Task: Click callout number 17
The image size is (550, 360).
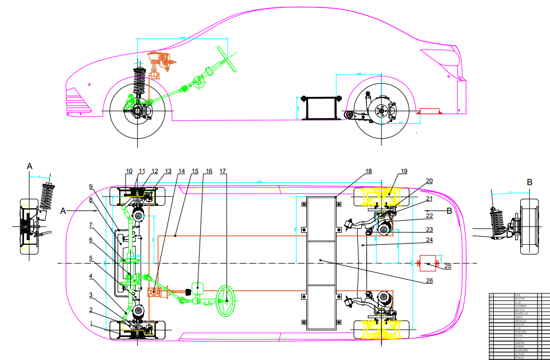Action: click(223, 170)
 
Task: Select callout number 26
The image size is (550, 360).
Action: click(430, 281)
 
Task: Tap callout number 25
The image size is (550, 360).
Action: click(448, 266)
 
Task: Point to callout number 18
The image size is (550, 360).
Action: click(368, 171)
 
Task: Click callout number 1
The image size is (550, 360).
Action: click(90, 323)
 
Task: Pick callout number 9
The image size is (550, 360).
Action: click(91, 186)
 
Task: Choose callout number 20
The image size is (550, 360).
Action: click(429, 181)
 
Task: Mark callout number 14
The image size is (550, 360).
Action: click(181, 171)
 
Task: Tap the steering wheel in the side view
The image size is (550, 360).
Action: click(226, 58)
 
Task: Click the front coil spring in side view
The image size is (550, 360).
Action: click(139, 84)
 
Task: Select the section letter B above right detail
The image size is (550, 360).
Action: click(529, 182)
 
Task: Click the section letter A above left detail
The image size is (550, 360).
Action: click(30, 166)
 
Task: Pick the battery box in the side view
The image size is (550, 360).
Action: click(321, 108)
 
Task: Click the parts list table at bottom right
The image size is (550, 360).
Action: click(518, 325)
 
